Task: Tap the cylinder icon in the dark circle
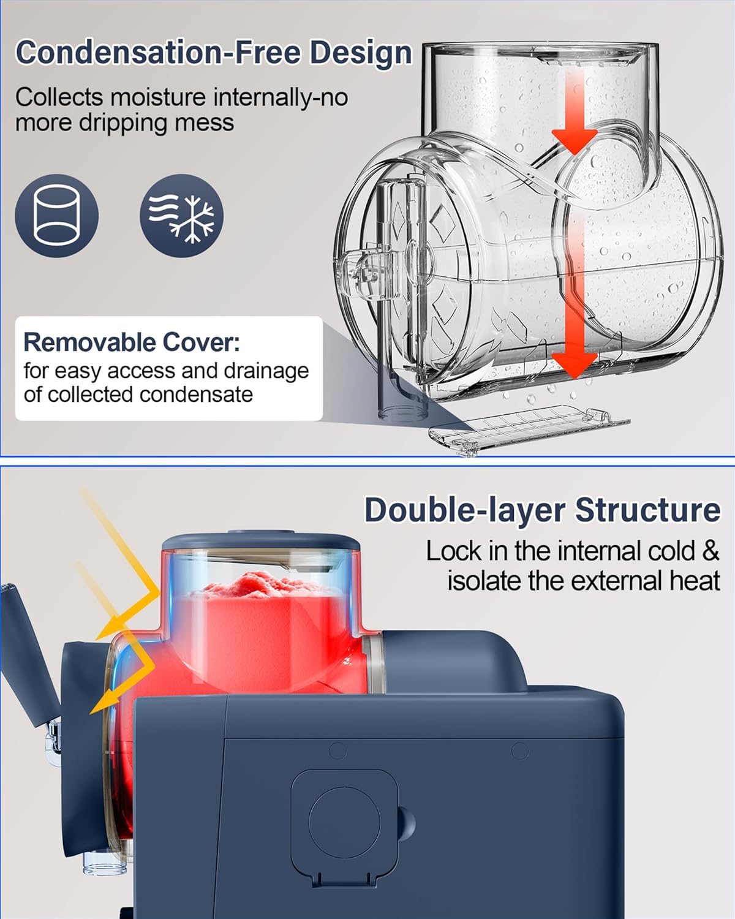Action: point(57,215)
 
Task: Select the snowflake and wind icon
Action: point(182,215)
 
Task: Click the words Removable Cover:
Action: point(132,342)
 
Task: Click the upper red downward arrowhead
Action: point(575,141)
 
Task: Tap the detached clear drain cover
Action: point(530,429)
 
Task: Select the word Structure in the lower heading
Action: point(648,510)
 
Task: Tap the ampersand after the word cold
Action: point(710,551)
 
